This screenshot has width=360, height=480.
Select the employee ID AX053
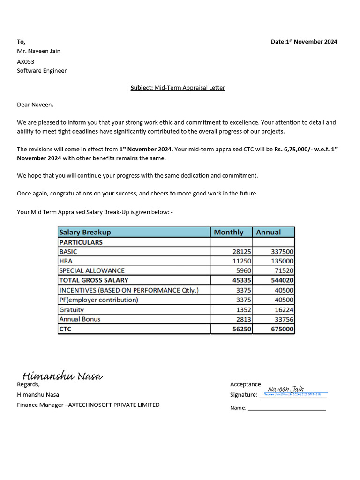pos(26,61)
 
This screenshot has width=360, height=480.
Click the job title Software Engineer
pos(42,71)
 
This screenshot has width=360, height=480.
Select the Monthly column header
pos(229,232)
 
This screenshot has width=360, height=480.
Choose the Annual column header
pos(269,232)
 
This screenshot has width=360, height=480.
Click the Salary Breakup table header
pos(85,232)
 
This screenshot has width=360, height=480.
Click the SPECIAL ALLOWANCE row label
pos(92,270)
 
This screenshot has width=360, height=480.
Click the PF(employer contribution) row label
pos(99,300)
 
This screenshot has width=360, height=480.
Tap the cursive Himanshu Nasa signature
pos(63,376)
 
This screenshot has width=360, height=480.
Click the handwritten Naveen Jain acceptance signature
pos(286,389)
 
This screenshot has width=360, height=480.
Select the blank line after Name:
pos(286,408)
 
